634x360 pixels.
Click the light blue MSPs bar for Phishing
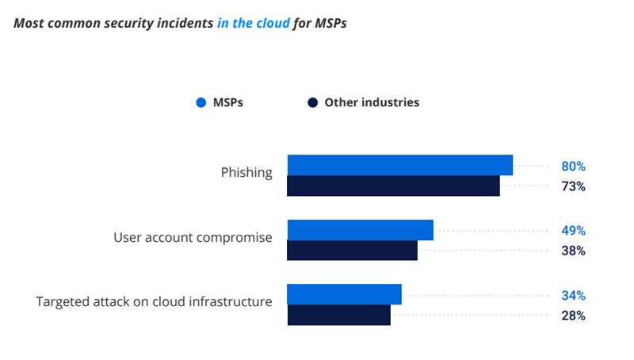coord(399,165)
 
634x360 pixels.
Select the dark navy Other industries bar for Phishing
coord(393,186)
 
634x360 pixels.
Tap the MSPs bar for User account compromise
coord(360,230)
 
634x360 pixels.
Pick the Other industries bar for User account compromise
coord(352,251)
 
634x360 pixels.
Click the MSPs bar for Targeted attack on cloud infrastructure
coord(344,294)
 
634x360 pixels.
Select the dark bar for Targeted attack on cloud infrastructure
coord(338,315)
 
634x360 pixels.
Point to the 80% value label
coord(574,167)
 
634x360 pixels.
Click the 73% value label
coord(574,186)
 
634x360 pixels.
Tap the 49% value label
coord(574,231)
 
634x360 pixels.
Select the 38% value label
coord(574,251)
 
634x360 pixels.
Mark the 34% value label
coord(574,296)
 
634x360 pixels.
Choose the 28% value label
coord(574,316)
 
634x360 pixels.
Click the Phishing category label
coord(246,172)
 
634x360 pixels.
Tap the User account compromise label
coord(193,237)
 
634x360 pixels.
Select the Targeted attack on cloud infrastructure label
coord(155,301)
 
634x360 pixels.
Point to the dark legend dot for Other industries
coord(312,102)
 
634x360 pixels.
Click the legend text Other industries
coord(372,102)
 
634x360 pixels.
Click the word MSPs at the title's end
coord(329,23)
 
